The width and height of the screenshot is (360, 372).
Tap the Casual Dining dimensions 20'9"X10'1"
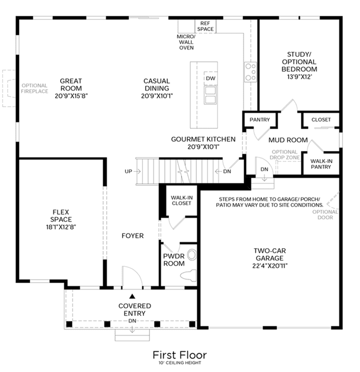coord(157,96)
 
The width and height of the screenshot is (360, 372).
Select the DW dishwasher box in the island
coord(210,78)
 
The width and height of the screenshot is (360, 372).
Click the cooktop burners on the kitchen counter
coord(250,72)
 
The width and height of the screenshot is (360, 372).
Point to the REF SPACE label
coord(205,26)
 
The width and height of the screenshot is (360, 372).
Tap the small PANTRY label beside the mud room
coord(260,119)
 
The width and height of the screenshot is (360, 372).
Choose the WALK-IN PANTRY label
coord(321,164)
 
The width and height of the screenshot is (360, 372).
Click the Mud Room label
coord(288,140)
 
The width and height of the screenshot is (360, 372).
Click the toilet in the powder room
coord(188,275)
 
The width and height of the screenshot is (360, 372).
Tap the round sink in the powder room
coord(192,255)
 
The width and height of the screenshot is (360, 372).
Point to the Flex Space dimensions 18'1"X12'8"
coord(61,227)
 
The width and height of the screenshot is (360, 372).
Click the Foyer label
coord(133,236)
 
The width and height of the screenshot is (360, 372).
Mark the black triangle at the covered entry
coord(132,296)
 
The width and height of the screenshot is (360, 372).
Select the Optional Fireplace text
coord(35,88)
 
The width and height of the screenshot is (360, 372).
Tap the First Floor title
coord(180,355)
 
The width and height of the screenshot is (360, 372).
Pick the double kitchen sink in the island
coord(210,95)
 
